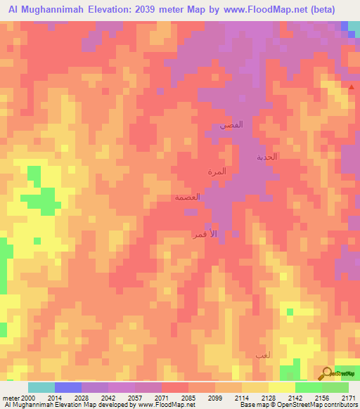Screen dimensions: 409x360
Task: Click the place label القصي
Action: point(232,125)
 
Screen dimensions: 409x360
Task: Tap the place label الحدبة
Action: point(266,157)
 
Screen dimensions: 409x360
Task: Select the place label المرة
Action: point(216,171)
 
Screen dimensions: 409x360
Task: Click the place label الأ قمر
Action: point(204,233)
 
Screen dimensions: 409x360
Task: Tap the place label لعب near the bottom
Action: point(262,358)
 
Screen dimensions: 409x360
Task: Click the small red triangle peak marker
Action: point(352,87)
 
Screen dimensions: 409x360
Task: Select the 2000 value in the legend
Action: point(28,398)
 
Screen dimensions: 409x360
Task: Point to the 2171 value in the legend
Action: point(349,398)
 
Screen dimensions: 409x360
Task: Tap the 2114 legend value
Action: point(242,398)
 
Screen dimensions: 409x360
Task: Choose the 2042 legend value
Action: point(108,398)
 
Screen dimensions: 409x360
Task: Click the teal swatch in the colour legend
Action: point(41,387)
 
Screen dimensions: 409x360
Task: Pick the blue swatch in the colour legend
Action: point(68,387)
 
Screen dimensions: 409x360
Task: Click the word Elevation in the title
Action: point(113,10)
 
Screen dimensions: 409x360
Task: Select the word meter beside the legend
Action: point(11,398)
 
